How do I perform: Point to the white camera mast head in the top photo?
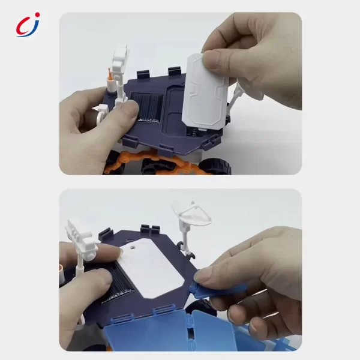[120, 58]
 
